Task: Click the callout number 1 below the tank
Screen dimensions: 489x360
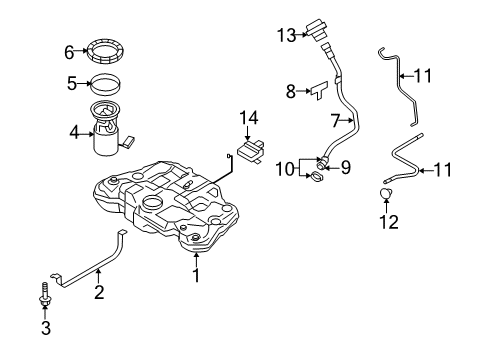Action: point(196,275)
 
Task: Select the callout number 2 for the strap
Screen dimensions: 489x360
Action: point(99,292)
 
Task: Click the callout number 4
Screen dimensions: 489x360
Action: point(74,133)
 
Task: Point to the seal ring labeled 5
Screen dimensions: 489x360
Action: point(106,83)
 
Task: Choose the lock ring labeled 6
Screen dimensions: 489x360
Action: point(105,51)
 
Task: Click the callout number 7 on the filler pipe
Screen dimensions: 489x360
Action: point(336,120)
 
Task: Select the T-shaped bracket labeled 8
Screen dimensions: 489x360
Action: point(320,90)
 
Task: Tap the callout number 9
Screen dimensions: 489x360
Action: point(346,168)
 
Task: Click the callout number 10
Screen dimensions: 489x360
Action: point(285,169)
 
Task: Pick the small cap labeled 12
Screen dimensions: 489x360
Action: point(386,193)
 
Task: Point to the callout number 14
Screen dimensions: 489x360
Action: point(249,118)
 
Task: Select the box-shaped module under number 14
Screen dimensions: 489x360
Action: point(252,152)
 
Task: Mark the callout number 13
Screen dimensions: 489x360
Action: point(287,35)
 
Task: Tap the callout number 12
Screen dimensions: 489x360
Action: point(389,222)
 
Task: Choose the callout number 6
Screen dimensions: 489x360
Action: point(69,52)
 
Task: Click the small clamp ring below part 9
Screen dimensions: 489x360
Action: point(317,177)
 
